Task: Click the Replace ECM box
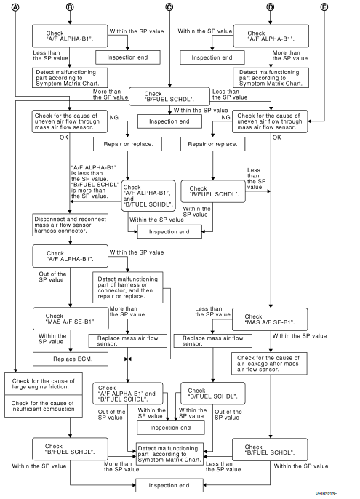coord(70,359)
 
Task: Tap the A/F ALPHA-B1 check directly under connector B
coord(70,35)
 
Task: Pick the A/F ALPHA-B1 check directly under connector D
coord(271,35)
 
